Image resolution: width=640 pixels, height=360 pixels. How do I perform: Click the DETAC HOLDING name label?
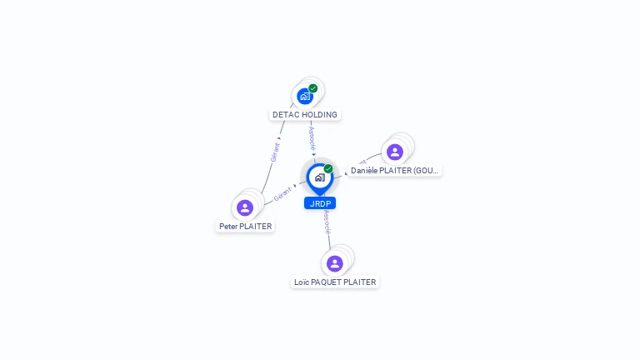[305, 114]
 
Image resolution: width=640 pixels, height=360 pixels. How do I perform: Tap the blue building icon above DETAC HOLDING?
[305, 96]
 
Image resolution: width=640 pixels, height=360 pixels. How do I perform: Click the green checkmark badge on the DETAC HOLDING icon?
[313, 88]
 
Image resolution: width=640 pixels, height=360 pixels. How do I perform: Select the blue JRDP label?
[320, 203]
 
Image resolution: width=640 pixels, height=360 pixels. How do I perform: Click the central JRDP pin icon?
[319, 177]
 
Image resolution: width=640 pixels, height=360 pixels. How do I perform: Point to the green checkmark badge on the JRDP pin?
[328, 169]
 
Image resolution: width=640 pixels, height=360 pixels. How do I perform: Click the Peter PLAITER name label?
[245, 226]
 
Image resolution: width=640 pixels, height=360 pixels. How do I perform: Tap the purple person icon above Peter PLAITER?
[245, 207]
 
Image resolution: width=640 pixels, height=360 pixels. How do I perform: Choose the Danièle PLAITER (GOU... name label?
[394, 170]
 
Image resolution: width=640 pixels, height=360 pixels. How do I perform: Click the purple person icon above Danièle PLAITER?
[395, 152]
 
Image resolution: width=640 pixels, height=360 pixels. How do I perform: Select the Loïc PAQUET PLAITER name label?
[335, 282]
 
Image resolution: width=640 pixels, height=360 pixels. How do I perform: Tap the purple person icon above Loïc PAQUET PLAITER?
[335, 263]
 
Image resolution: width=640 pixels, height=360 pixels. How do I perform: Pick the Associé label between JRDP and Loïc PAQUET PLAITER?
[327, 222]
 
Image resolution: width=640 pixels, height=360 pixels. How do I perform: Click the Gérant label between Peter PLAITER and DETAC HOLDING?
[275, 151]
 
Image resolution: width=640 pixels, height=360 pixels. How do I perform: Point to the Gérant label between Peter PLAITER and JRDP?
[282, 196]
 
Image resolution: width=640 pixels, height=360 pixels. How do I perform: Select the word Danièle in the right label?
[365, 170]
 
